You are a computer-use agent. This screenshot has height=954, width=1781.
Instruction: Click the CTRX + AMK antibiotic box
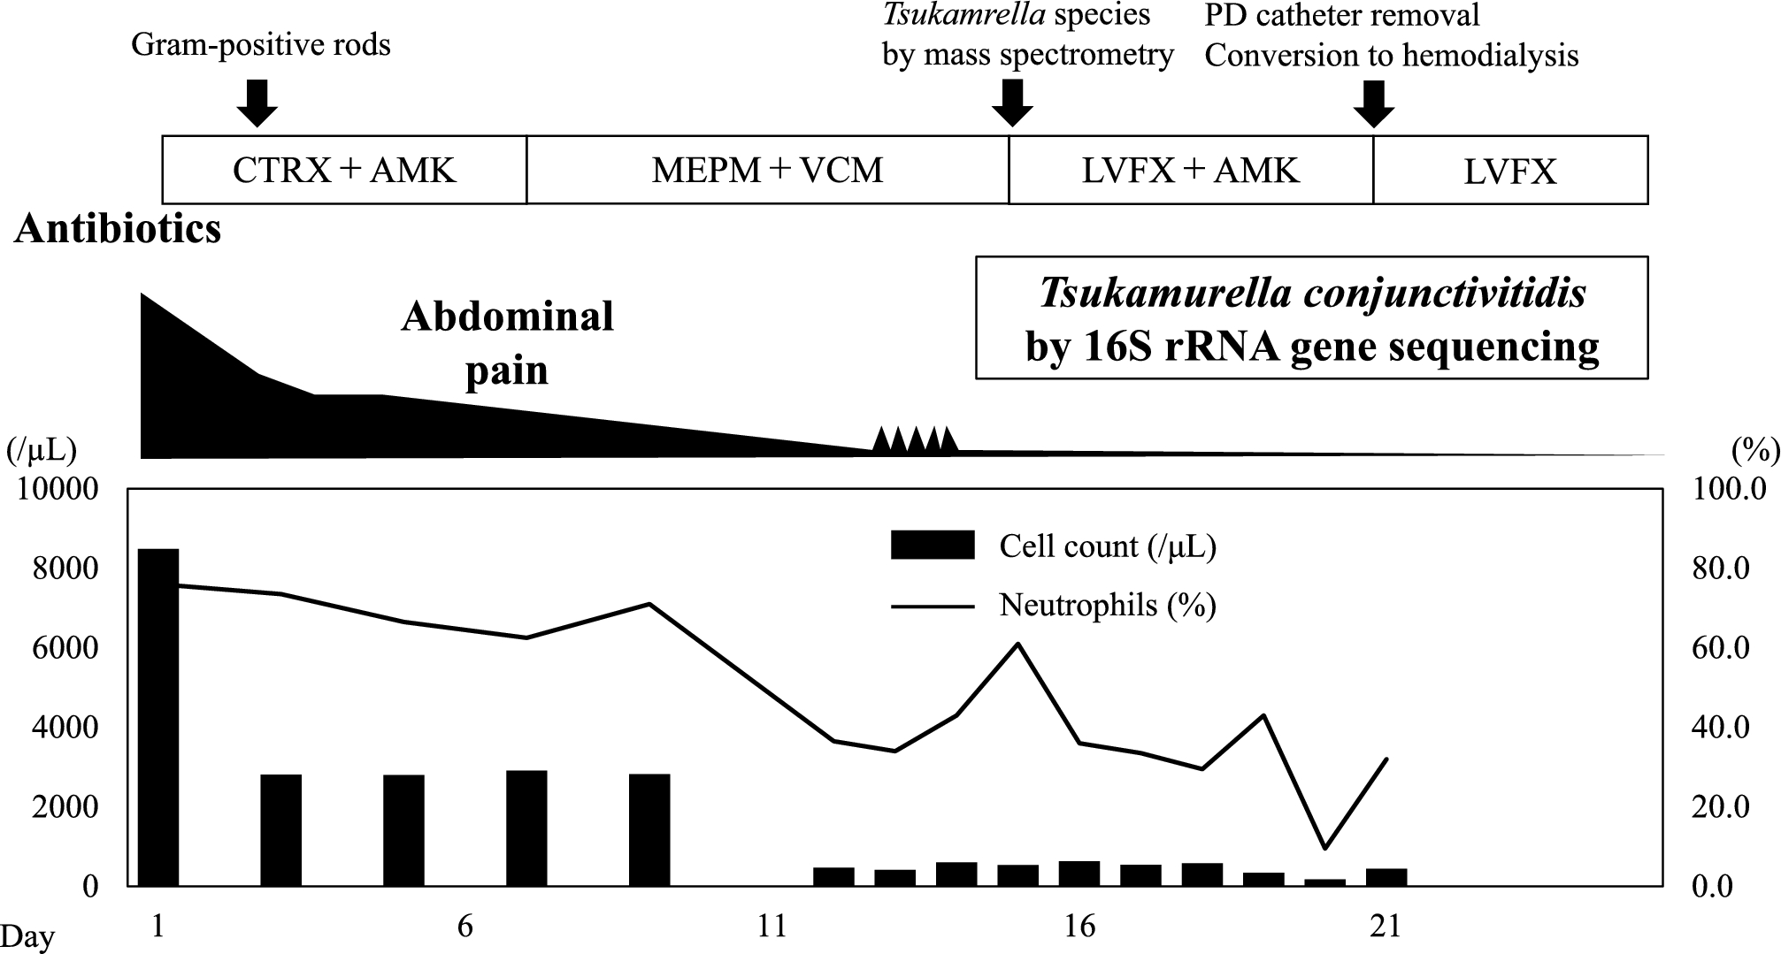(x=344, y=170)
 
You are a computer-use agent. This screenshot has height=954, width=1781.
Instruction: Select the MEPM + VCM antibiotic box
(x=767, y=170)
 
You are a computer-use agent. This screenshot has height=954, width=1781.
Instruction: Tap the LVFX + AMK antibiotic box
(x=1190, y=170)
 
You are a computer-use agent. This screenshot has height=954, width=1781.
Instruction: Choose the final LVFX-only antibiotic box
(x=1509, y=170)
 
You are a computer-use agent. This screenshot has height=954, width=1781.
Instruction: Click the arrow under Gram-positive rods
(x=257, y=103)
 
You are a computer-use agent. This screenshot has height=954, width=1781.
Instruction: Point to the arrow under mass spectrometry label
(x=1012, y=103)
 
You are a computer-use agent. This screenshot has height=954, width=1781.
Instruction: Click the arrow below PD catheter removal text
(x=1374, y=103)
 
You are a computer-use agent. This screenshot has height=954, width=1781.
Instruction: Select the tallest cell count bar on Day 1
(x=159, y=716)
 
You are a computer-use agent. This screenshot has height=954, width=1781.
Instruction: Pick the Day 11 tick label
(x=772, y=926)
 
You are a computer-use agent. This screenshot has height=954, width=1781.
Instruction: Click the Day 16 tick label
(x=1079, y=926)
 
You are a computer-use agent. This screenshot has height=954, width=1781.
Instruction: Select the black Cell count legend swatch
(x=932, y=546)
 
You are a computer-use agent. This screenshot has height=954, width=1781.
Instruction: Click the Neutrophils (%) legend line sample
(x=932, y=607)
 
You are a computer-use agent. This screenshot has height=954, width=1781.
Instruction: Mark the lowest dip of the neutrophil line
(x=1324, y=848)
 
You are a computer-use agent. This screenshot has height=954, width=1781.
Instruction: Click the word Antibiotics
(x=118, y=229)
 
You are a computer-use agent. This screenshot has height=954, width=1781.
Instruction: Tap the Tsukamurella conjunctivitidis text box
(x=1311, y=318)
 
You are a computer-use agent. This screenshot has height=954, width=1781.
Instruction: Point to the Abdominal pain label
(x=507, y=343)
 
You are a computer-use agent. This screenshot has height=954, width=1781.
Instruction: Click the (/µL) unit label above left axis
(x=42, y=451)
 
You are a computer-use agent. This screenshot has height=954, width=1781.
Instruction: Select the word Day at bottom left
(x=27, y=936)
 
